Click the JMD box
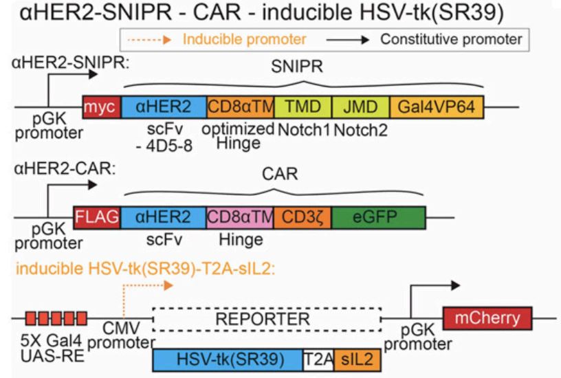[360, 108]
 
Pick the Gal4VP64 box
[437, 108]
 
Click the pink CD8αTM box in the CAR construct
[240, 218]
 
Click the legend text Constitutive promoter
[451, 39]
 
